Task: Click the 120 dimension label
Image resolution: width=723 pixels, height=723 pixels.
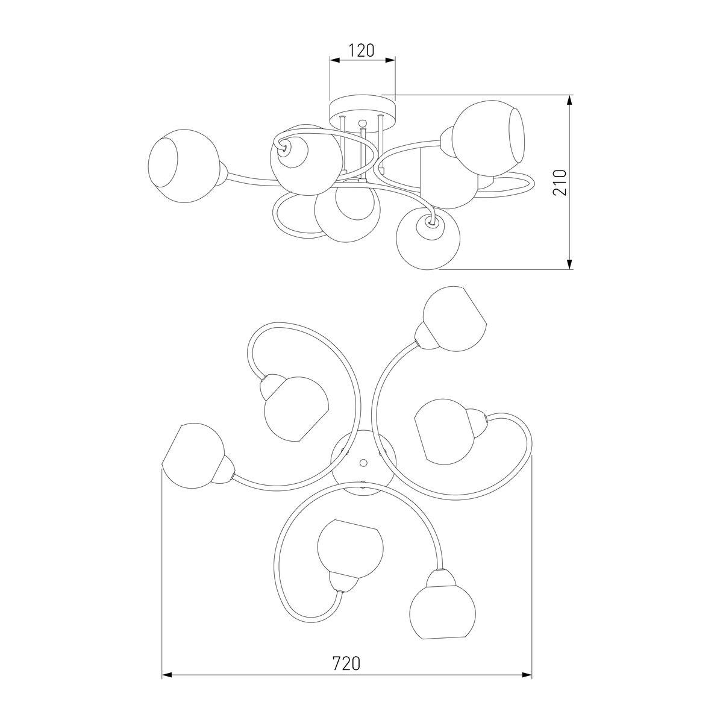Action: (361, 50)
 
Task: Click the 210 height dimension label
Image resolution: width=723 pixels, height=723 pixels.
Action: (559, 183)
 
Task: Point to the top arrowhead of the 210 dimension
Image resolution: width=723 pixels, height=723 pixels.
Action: (569, 100)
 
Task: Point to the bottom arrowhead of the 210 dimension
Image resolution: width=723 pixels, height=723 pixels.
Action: (569, 264)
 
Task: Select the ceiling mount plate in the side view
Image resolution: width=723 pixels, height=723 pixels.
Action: (362, 111)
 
